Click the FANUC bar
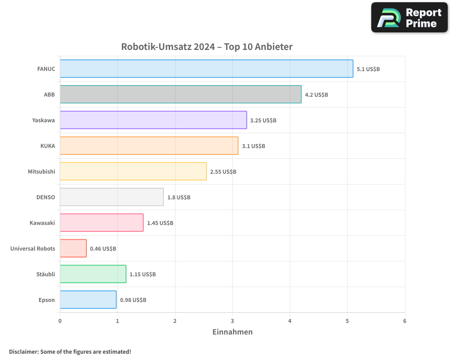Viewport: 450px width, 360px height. (206, 69)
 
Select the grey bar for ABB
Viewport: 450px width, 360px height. (180, 94)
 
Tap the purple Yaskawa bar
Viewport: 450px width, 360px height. (153, 120)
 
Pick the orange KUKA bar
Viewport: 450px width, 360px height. (149, 146)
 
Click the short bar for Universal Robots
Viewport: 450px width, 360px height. (73, 248)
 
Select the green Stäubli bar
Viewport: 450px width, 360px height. (93, 274)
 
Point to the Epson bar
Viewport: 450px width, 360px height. (88, 300)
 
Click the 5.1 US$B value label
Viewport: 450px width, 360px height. (368, 69)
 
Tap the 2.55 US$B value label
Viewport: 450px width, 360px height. (223, 172)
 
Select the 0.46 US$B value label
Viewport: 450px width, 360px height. (103, 248)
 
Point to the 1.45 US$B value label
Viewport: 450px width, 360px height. (160, 223)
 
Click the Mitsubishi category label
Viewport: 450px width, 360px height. (41, 171)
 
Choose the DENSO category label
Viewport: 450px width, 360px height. (45, 197)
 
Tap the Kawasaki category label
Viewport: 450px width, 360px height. (42, 223)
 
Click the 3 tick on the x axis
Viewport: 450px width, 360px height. (233, 321)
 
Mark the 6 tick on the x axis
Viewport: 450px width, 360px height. (405, 321)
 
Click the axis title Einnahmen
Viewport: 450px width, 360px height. (232, 332)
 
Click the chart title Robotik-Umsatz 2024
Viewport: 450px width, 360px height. (207, 47)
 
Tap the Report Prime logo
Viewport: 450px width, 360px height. (409, 18)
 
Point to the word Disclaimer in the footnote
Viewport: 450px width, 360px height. (23, 351)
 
